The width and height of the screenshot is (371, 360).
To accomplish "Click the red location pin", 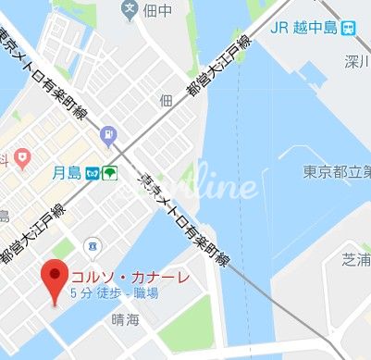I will [x=56, y=276].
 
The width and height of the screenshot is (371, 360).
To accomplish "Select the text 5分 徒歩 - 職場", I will [x=113, y=293].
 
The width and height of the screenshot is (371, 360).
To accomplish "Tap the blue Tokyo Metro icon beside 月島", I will [x=93, y=172].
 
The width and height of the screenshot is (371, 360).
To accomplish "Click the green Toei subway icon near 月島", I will [x=109, y=172].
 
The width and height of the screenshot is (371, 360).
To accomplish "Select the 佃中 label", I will [x=159, y=12].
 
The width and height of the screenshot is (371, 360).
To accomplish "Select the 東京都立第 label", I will [x=337, y=171].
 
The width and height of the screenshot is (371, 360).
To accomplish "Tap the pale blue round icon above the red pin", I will [x=91, y=245].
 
